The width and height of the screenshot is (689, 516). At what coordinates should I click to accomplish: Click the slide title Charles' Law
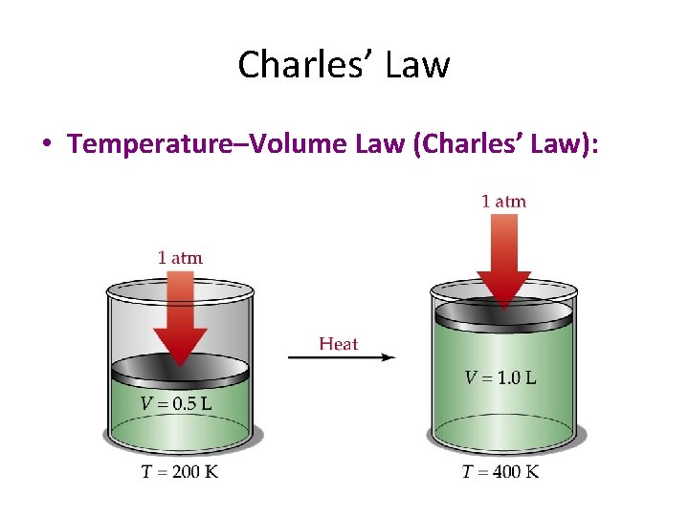344,65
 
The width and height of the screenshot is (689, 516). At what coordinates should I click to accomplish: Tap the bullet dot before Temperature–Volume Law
45,145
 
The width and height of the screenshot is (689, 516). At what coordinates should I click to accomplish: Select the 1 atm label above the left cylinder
180,257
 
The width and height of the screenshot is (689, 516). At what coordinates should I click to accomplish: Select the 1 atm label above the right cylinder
503,201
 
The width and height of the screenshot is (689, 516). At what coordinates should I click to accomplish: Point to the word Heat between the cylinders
338,343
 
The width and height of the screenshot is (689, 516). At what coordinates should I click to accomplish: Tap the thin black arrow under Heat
342,357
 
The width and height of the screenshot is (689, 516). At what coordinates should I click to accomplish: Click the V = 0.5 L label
177,402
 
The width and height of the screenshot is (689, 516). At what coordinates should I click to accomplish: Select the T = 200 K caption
179,472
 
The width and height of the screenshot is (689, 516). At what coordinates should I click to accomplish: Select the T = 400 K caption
500,472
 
